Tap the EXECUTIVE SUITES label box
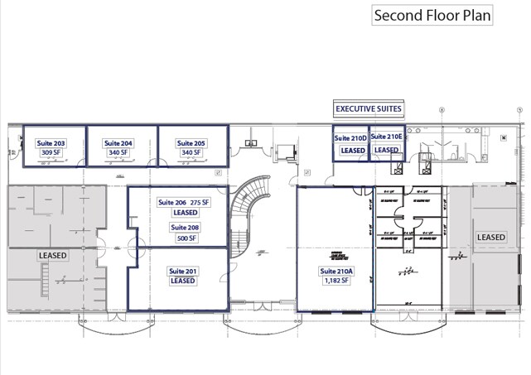tap(368, 108)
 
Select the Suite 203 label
tap(51, 143)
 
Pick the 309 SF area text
tap(51, 153)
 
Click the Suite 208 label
tap(185, 227)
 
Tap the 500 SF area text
tap(185, 238)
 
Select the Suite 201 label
tap(182, 271)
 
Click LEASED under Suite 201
tap(182, 281)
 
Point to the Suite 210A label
tap(335, 271)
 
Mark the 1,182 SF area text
tap(335, 281)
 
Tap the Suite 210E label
tap(386, 137)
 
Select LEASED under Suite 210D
tap(352, 151)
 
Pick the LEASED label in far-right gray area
tap(491, 238)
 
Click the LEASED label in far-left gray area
tap(52, 256)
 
